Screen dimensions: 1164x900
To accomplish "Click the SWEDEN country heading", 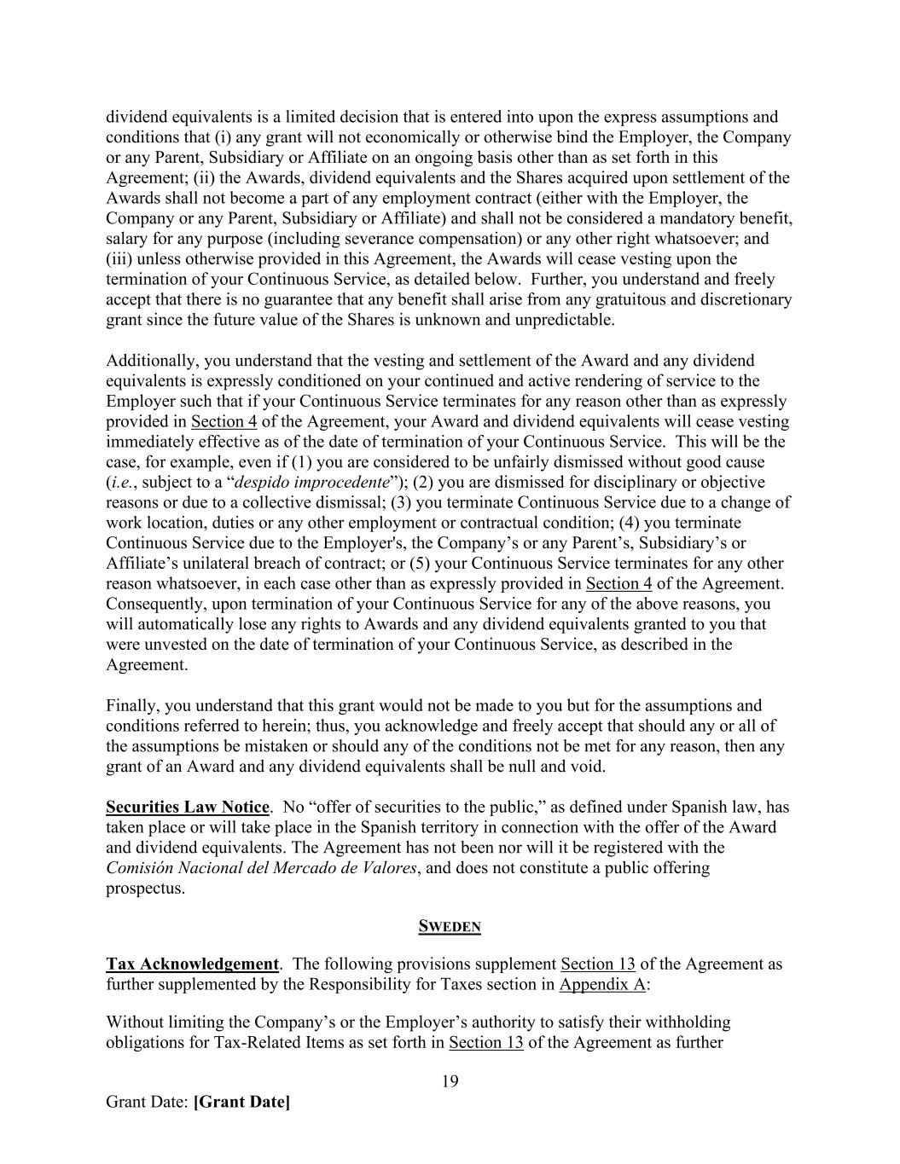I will click(x=450, y=927).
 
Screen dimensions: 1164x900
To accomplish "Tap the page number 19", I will click(x=450, y=1082).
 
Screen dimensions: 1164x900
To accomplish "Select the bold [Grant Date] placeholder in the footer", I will click(x=242, y=1102).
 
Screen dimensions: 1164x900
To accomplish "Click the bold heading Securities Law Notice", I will click(x=188, y=807).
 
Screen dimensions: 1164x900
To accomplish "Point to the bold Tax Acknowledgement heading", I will click(x=192, y=964).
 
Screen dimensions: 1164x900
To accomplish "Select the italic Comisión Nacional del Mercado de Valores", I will click(x=261, y=868).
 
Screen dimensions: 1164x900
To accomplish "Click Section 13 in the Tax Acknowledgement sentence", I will click(x=597, y=964).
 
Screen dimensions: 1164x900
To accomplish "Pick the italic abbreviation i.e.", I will click(x=119, y=483).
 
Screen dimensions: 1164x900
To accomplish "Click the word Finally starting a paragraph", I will click(x=132, y=706).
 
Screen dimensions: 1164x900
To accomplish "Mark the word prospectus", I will click(x=144, y=889).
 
